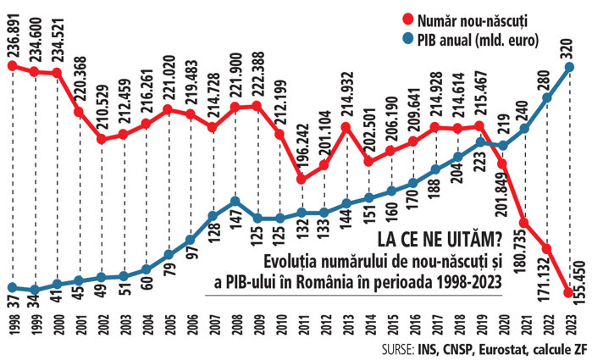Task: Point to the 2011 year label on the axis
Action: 301,325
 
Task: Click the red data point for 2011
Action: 302,178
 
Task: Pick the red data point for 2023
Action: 567,292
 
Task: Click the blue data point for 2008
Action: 235,202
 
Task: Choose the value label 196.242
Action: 302,147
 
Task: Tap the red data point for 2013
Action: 346,128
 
